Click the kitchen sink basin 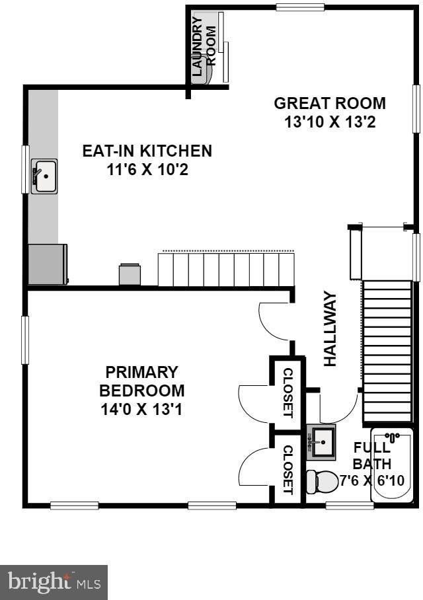click(44, 176)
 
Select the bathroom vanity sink click(321, 442)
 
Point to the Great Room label click(330, 103)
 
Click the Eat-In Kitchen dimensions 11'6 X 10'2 click(147, 170)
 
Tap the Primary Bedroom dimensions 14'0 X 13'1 click(141, 410)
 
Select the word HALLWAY click(330, 329)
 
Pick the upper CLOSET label click(288, 393)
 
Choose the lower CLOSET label click(288, 470)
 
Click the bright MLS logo click(54, 582)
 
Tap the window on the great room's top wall click(300, 7)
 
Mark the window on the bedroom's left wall click(25, 340)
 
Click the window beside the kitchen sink click(25, 169)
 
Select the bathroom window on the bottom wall click(350, 506)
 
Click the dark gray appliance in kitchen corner click(48, 264)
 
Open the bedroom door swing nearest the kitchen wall click(276, 320)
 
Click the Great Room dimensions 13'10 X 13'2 click(330, 122)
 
